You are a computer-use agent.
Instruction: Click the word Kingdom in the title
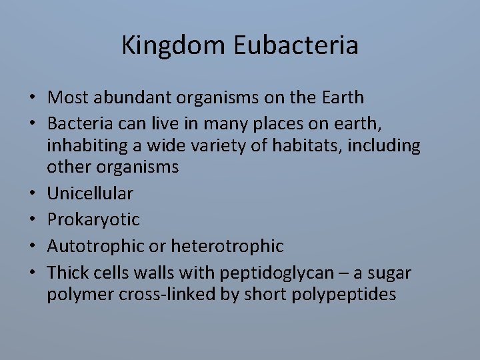pyautogui.click(x=175, y=46)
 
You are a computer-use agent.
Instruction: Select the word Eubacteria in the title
pyautogui.click(x=297, y=46)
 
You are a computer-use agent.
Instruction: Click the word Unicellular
pyautogui.click(x=89, y=193)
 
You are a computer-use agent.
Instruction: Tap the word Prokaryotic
pyautogui.click(x=93, y=219)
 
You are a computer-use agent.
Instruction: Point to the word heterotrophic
pyautogui.click(x=227, y=246)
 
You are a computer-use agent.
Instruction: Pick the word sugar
pyautogui.click(x=394, y=273)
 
